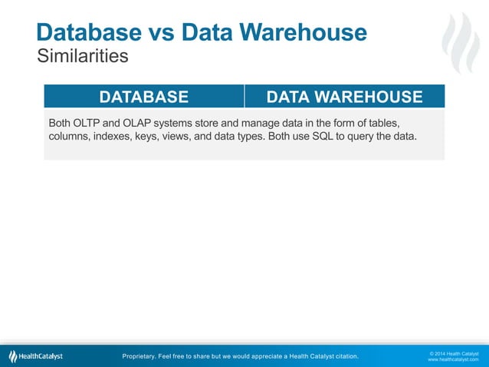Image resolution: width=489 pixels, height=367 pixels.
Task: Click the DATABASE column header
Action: pos(143,97)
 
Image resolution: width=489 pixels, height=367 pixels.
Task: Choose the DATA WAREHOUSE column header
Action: pos(344,97)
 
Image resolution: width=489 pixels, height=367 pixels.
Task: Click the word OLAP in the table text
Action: pos(144,123)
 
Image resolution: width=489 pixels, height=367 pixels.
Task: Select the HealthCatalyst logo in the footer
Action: pos(36,356)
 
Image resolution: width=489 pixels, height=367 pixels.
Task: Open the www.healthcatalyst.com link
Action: pos(452,359)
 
